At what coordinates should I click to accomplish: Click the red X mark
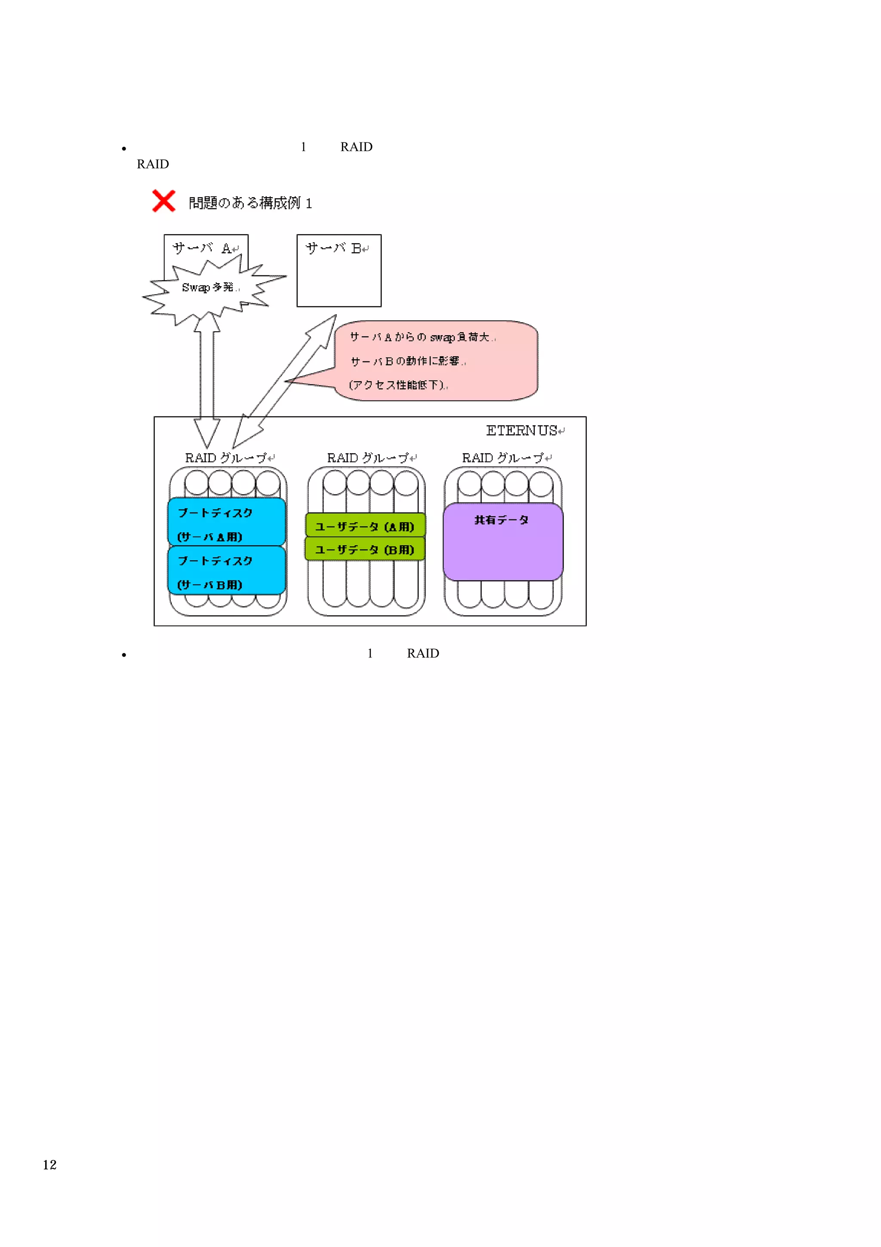click(x=163, y=201)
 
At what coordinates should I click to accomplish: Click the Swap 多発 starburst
click(x=209, y=288)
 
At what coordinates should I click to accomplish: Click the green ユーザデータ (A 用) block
click(x=365, y=526)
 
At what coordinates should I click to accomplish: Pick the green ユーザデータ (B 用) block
click(x=365, y=549)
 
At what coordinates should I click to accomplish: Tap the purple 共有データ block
click(x=502, y=541)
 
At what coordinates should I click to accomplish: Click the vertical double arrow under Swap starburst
click(x=207, y=380)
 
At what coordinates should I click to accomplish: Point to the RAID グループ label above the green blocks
click(x=369, y=458)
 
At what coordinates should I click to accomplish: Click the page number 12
click(x=49, y=1164)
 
